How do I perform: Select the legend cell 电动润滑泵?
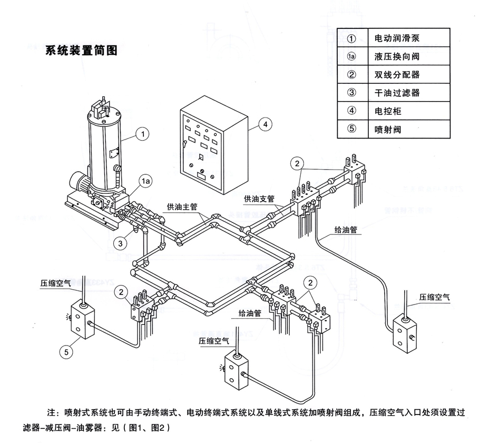coord(396,38)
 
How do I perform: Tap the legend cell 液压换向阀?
coord(396,56)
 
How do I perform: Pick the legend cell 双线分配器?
coord(396,74)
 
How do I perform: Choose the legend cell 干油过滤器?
coord(396,93)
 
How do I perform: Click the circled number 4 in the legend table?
coord(352,111)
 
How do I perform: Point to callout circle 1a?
coord(146,181)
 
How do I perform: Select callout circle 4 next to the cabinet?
coord(266,124)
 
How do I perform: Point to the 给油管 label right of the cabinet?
coord(346,230)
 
